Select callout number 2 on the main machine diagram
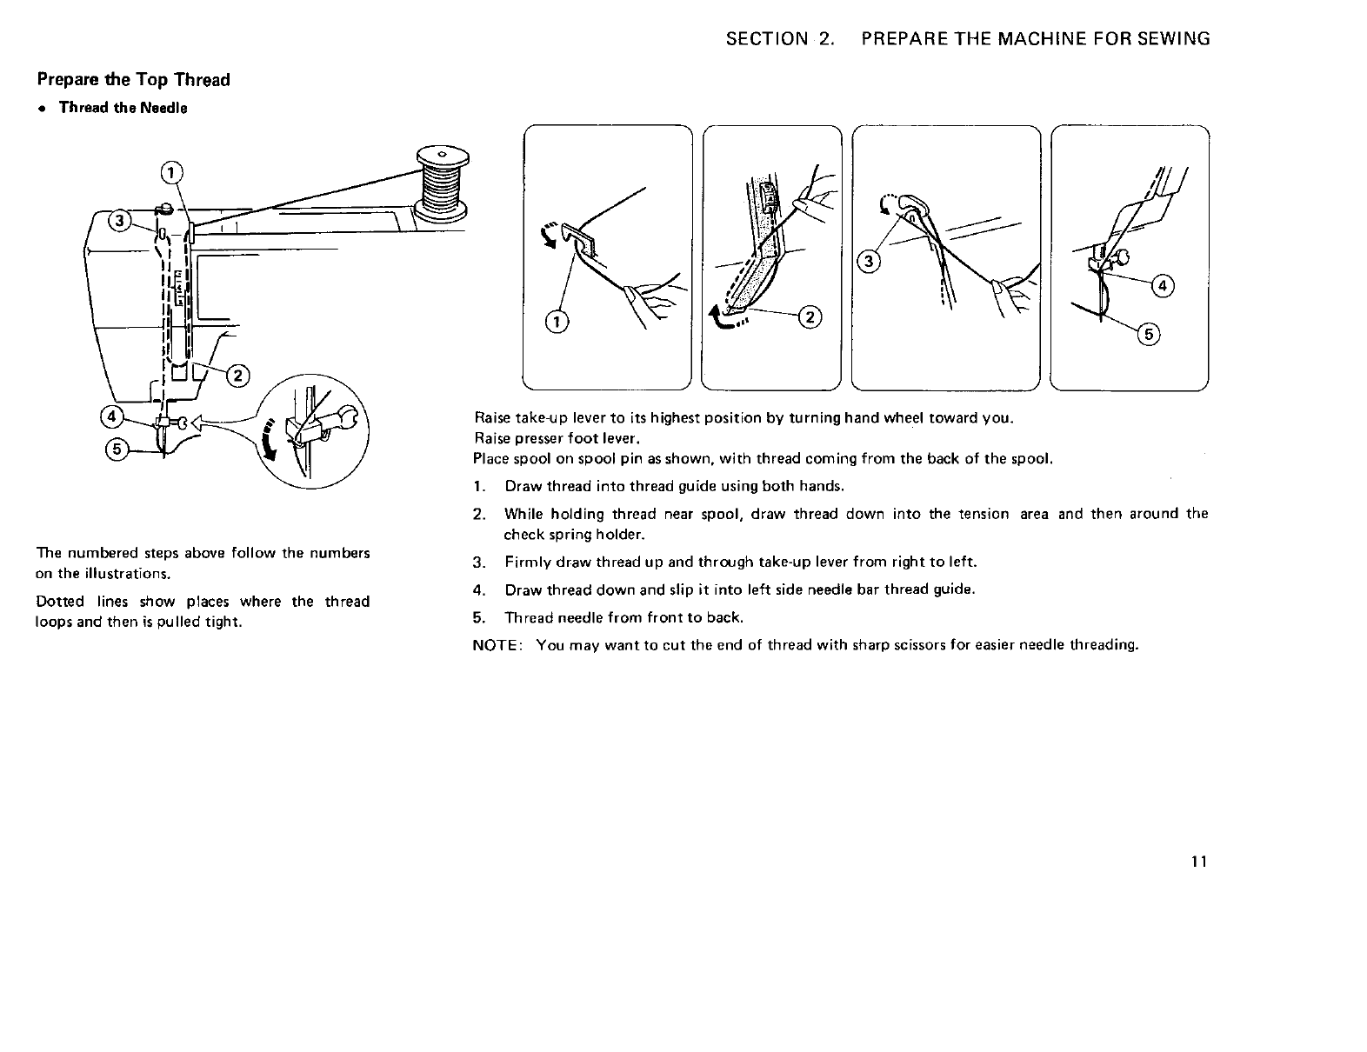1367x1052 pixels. point(236,376)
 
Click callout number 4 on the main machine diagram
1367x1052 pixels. point(111,416)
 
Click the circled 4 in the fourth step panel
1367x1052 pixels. point(1162,286)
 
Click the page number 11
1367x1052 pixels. point(1199,862)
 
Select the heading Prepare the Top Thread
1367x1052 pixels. point(133,80)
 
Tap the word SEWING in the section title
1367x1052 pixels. point(1173,38)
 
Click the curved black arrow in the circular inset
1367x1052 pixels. point(273,439)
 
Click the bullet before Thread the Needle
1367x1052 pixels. point(41,109)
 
